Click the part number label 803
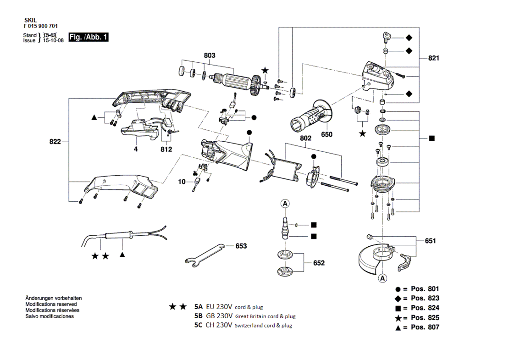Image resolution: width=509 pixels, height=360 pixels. [x=210, y=55]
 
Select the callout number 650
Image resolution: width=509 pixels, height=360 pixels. [x=326, y=134]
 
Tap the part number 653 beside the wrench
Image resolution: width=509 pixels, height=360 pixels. [x=241, y=246]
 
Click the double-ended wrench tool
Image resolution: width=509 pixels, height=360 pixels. [x=205, y=256]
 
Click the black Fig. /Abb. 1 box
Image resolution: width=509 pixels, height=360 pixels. [x=89, y=37]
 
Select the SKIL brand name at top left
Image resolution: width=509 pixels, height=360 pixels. [x=31, y=21]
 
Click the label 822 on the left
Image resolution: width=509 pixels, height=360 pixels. [x=55, y=142]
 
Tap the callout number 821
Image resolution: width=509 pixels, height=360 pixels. [x=434, y=58]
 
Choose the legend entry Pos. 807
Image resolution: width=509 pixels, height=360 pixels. [x=425, y=327]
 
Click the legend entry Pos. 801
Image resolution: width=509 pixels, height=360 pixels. [x=425, y=289]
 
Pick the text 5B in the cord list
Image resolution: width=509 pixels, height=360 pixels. [x=199, y=316]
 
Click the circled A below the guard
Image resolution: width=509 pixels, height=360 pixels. [x=383, y=278]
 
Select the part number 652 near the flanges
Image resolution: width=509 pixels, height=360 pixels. [x=319, y=263]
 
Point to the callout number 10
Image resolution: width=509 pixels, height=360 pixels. [x=182, y=182]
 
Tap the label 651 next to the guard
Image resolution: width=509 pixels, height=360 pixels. [x=431, y=241]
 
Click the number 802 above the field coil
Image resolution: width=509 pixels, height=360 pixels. [x=305, y=138]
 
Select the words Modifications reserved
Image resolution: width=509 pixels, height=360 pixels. [x=51, y=304]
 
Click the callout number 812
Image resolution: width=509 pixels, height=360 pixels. [x=166, y=150]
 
